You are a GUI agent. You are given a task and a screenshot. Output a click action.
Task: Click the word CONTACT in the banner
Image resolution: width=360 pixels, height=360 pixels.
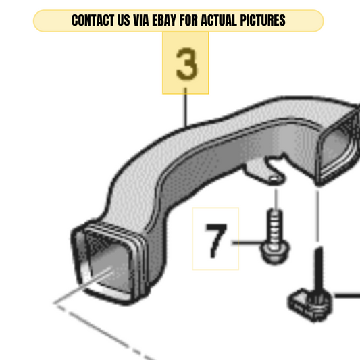(x=93, y=20)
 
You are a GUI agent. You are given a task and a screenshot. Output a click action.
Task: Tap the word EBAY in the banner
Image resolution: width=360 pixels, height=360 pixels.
(x=164, y=20)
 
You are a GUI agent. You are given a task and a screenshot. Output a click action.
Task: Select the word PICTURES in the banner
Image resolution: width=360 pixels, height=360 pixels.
(x=263, y=20)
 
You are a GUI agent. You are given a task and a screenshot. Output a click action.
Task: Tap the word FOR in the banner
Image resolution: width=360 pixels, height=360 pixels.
(x=188, y=20)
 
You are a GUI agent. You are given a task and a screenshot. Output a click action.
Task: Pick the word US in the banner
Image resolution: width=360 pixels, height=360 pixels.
(x=124, y=20)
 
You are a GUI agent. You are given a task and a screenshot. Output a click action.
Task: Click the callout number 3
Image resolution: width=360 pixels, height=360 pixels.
(x=186, y=63)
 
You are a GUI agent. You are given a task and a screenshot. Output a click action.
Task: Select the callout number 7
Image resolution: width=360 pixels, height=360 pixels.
(x=216, y=240)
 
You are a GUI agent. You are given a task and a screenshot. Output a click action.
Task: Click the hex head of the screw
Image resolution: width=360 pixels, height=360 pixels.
(x=275, y=253)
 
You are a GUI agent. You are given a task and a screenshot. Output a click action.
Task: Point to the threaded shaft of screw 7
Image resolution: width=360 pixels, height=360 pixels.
(x=275, y=226)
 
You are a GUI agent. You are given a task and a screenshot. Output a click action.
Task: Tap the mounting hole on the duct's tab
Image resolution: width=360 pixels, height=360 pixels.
(x=274, y=178)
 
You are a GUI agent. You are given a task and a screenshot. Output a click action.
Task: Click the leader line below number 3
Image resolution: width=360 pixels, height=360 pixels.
(x=186, y=107)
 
